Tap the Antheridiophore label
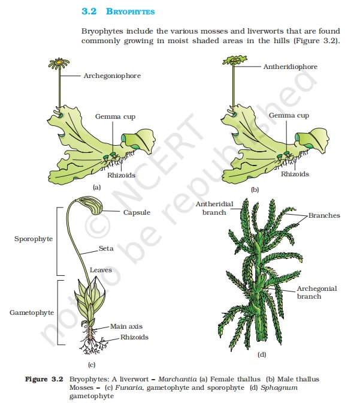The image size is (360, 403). pyautogui.click(x=290, y=67)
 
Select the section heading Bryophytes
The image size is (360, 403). pyautogui.click(x=122, y=11)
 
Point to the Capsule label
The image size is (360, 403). pyautogui.click(x=137, y=212)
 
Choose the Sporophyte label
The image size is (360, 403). pyautogui.click(x=34, y=239)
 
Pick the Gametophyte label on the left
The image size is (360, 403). pyautogui.click(x=31, y=312)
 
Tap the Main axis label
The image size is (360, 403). pyautogui.click(x=126, y=326)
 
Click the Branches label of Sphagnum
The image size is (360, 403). pyautogui.click(x=324, y=215)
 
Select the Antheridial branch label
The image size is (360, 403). pyautogui.click(x=210, y=208)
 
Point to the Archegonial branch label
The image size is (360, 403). pyautogui.click(x=317, y=292)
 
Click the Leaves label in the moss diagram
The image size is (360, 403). pyautogui.click(x=101, y=270)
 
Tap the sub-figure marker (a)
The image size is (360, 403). pyautogui.click(x=96, y=188)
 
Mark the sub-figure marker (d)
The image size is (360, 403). pyautogui.click(x=261, y=354)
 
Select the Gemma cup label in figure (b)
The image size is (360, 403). pyautogui.click(x=289, y=115)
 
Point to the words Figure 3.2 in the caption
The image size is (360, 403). pyautogui.click(x=44, y=379)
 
